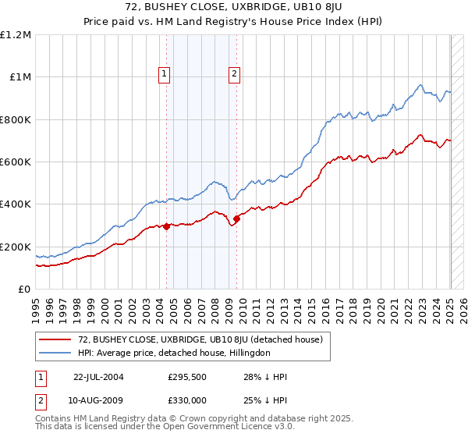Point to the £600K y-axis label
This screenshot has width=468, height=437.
coord(16,162)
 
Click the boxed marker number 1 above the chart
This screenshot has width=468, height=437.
coord(165,75)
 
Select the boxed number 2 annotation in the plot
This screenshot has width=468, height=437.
coord(235,75)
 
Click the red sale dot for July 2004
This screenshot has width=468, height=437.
coord(167,226)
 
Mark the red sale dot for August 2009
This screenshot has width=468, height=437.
coord(237,219)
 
